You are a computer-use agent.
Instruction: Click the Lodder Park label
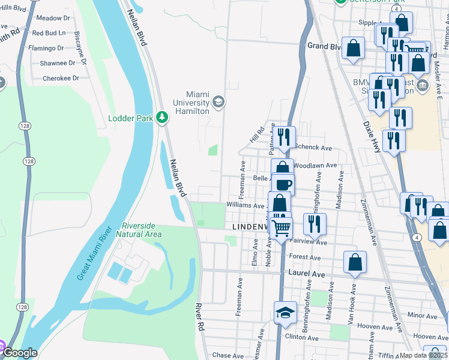point(130,118)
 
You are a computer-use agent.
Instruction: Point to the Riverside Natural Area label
point(139,230)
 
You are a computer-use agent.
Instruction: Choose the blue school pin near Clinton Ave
point(286,313)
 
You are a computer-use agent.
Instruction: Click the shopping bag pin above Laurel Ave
point(355,262)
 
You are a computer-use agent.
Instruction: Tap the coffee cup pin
point(284,184)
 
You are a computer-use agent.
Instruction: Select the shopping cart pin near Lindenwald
point(281,227)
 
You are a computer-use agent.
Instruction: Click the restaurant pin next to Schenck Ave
point(284,137)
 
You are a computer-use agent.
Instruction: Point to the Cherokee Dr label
point(61,78)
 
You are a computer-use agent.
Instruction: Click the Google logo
point(20,353)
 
